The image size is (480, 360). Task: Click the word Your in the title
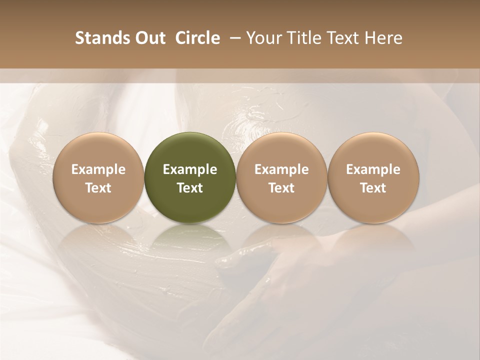point(263,38)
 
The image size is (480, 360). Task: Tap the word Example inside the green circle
point(190,169)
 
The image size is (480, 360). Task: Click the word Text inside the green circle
point(190,188)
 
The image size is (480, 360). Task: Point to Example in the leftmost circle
point(98,169)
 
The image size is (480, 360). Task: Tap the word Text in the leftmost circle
point(98,188)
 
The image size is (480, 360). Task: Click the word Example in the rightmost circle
point(373,169)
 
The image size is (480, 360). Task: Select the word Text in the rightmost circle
point(373,188)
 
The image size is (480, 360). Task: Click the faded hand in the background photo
point(280,280)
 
